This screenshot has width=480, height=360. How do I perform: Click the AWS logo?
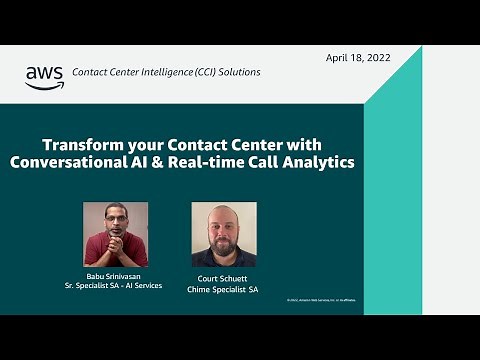point(44,77)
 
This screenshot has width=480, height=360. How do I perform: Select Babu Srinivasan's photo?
point(115,234)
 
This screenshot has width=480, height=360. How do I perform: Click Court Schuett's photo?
point(223,234)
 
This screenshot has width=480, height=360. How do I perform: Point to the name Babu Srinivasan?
point(115,276)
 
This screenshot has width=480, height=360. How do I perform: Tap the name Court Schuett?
point(223,279)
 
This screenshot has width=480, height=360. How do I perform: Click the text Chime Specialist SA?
point(223,289)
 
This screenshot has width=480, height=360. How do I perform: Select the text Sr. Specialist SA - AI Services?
point(115,286)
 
